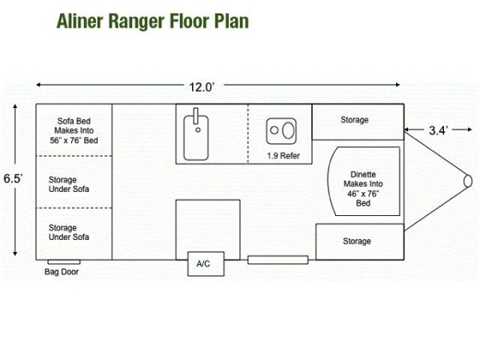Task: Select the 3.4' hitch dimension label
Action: (x=437, y=129)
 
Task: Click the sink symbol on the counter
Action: (x=195, y=133)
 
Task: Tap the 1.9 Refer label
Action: (x=283, y=155)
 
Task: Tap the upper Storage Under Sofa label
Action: (x=69, y=184)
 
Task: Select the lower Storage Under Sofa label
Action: (x=69, y=232)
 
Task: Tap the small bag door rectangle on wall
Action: (x=61, y=261)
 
